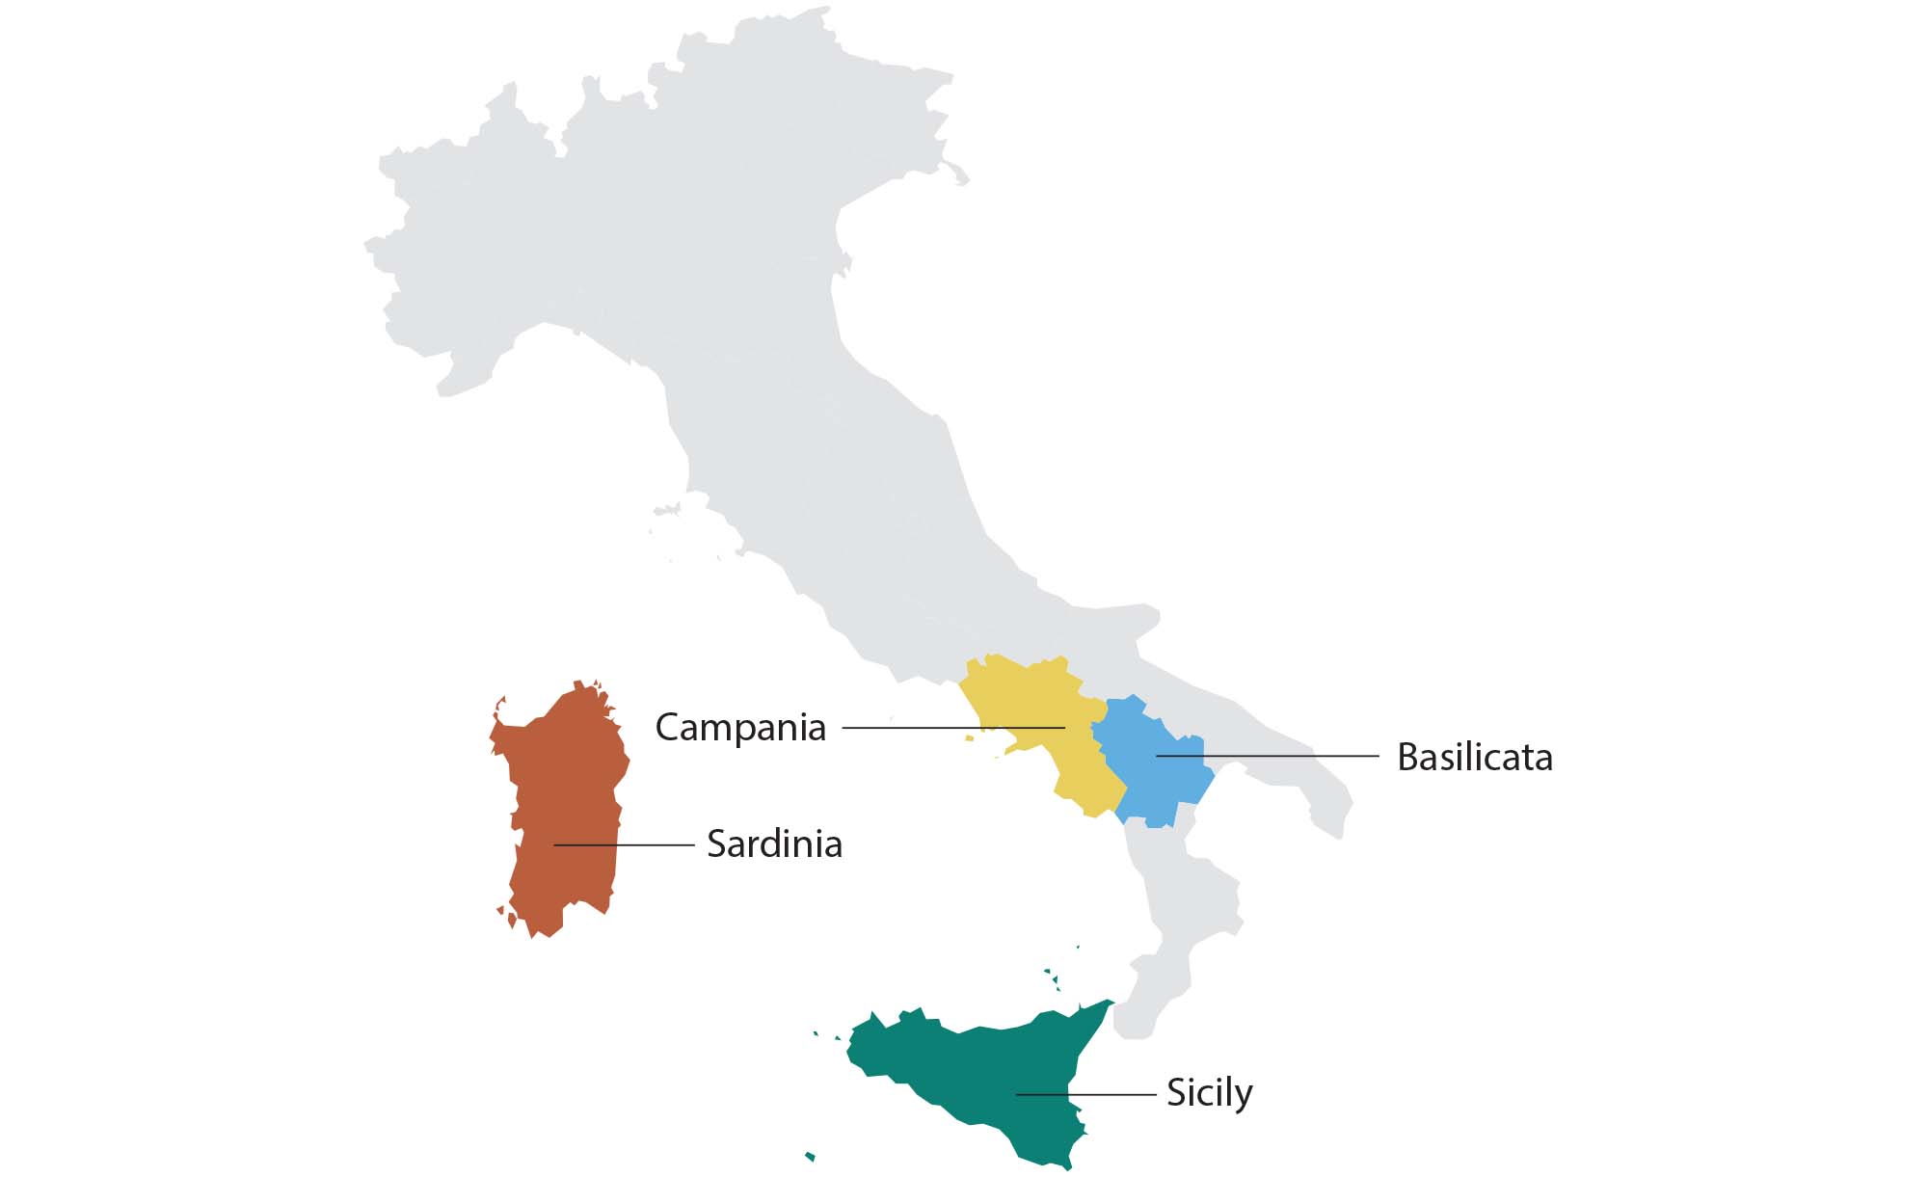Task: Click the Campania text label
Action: click(x=740, y=727)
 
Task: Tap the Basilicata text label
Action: click(x=1474, y=758)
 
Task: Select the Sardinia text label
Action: click(x=774, y=844)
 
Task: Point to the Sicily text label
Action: click(x=1209, y=1093)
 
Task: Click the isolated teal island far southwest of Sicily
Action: click(x=810, y=1156)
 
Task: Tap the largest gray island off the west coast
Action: click(x=666, y=509)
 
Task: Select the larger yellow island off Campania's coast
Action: click(x=969, y=738)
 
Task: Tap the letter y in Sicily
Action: click(x=1243, y=1096)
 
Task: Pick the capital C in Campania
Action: click(x=668, y=727)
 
